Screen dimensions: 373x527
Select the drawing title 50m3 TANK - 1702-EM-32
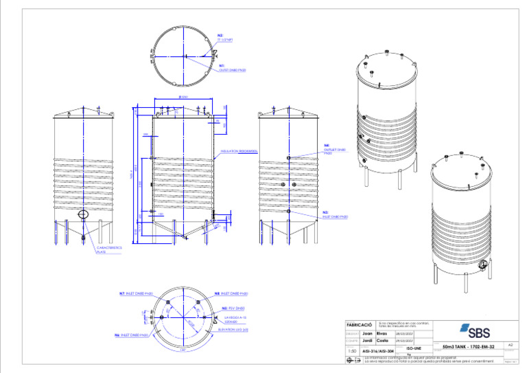[x=469, y=346]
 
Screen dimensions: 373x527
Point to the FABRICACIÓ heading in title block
[x=359, y=324]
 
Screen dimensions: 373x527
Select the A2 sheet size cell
[x=509, y=345]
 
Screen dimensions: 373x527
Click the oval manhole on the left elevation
[x=83, y=215]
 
